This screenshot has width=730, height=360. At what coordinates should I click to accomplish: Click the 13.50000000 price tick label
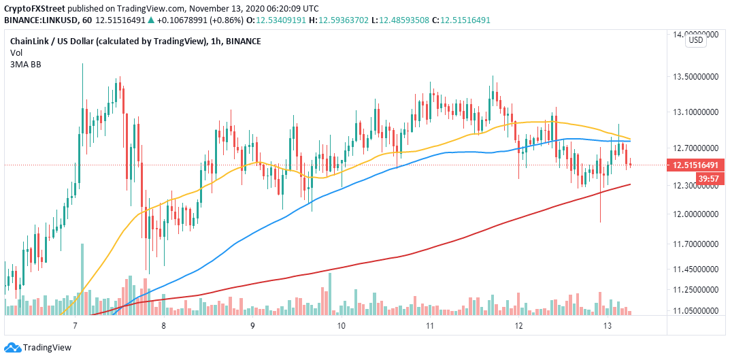point(695,78)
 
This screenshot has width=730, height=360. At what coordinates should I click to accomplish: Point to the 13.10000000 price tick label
point(695,112)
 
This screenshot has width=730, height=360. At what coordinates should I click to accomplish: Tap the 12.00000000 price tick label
point(695,214)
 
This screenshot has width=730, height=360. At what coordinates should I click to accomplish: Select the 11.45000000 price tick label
point(695,270)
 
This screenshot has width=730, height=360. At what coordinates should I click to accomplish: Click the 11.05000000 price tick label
point(695,310)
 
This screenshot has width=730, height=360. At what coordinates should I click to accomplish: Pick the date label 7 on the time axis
point(76,326)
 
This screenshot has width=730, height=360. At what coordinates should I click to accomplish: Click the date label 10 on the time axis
point(341,326)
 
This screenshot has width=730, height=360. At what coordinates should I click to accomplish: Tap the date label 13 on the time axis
point(607,326)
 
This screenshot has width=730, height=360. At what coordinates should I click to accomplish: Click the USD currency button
point(695,40)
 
